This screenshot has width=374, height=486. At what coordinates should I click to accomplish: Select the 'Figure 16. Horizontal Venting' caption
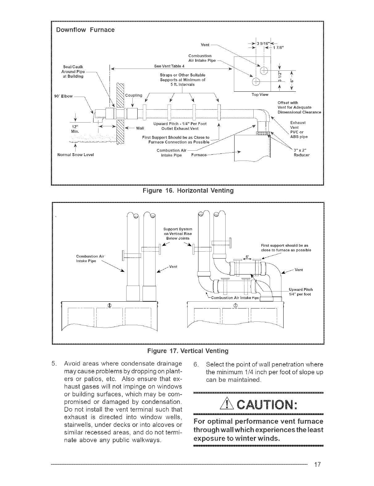tap(188, 191)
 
